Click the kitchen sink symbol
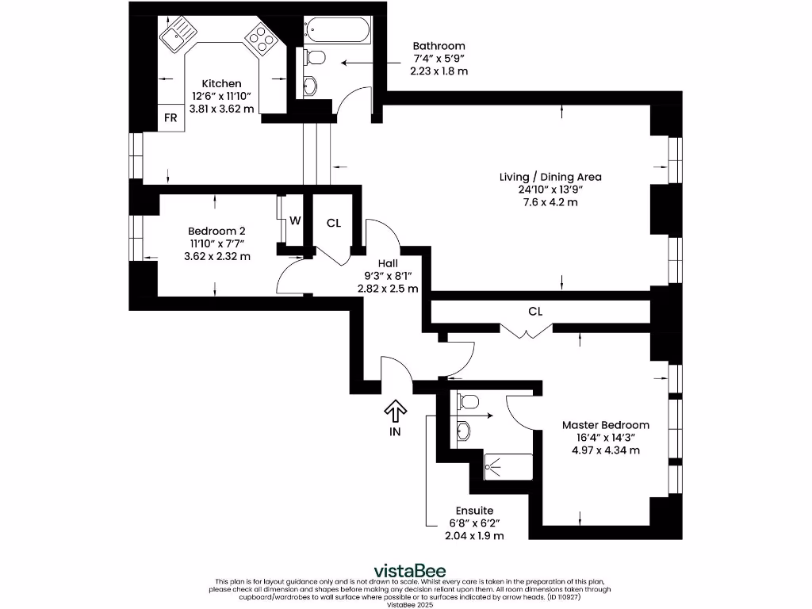click(x=178, y=33)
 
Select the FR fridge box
click(x=171, y=118)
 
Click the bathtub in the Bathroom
click(x=338, y=31)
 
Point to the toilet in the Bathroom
click(x=314, y=57)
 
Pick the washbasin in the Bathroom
click(x=309, y=86)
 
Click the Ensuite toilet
click(x=468, y=401)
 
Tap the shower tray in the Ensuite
click(x=508, y=467)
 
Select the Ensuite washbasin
click(x=463, y=431)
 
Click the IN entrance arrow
click(x=395, y=411)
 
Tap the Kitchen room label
click(x=222, y=83)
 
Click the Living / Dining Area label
click(x=550, y=177)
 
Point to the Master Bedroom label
click(x=606, y=425)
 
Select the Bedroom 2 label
click(x=216, y=231)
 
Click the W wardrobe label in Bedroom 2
click(x=295, y=220)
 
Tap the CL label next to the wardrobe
click(x=334, y=223)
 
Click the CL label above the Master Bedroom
click(x=535, y=311)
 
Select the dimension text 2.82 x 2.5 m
click(x=388, y=289)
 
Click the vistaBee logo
click(x=410, y=571)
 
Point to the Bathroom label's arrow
click(x=371, y=63)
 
